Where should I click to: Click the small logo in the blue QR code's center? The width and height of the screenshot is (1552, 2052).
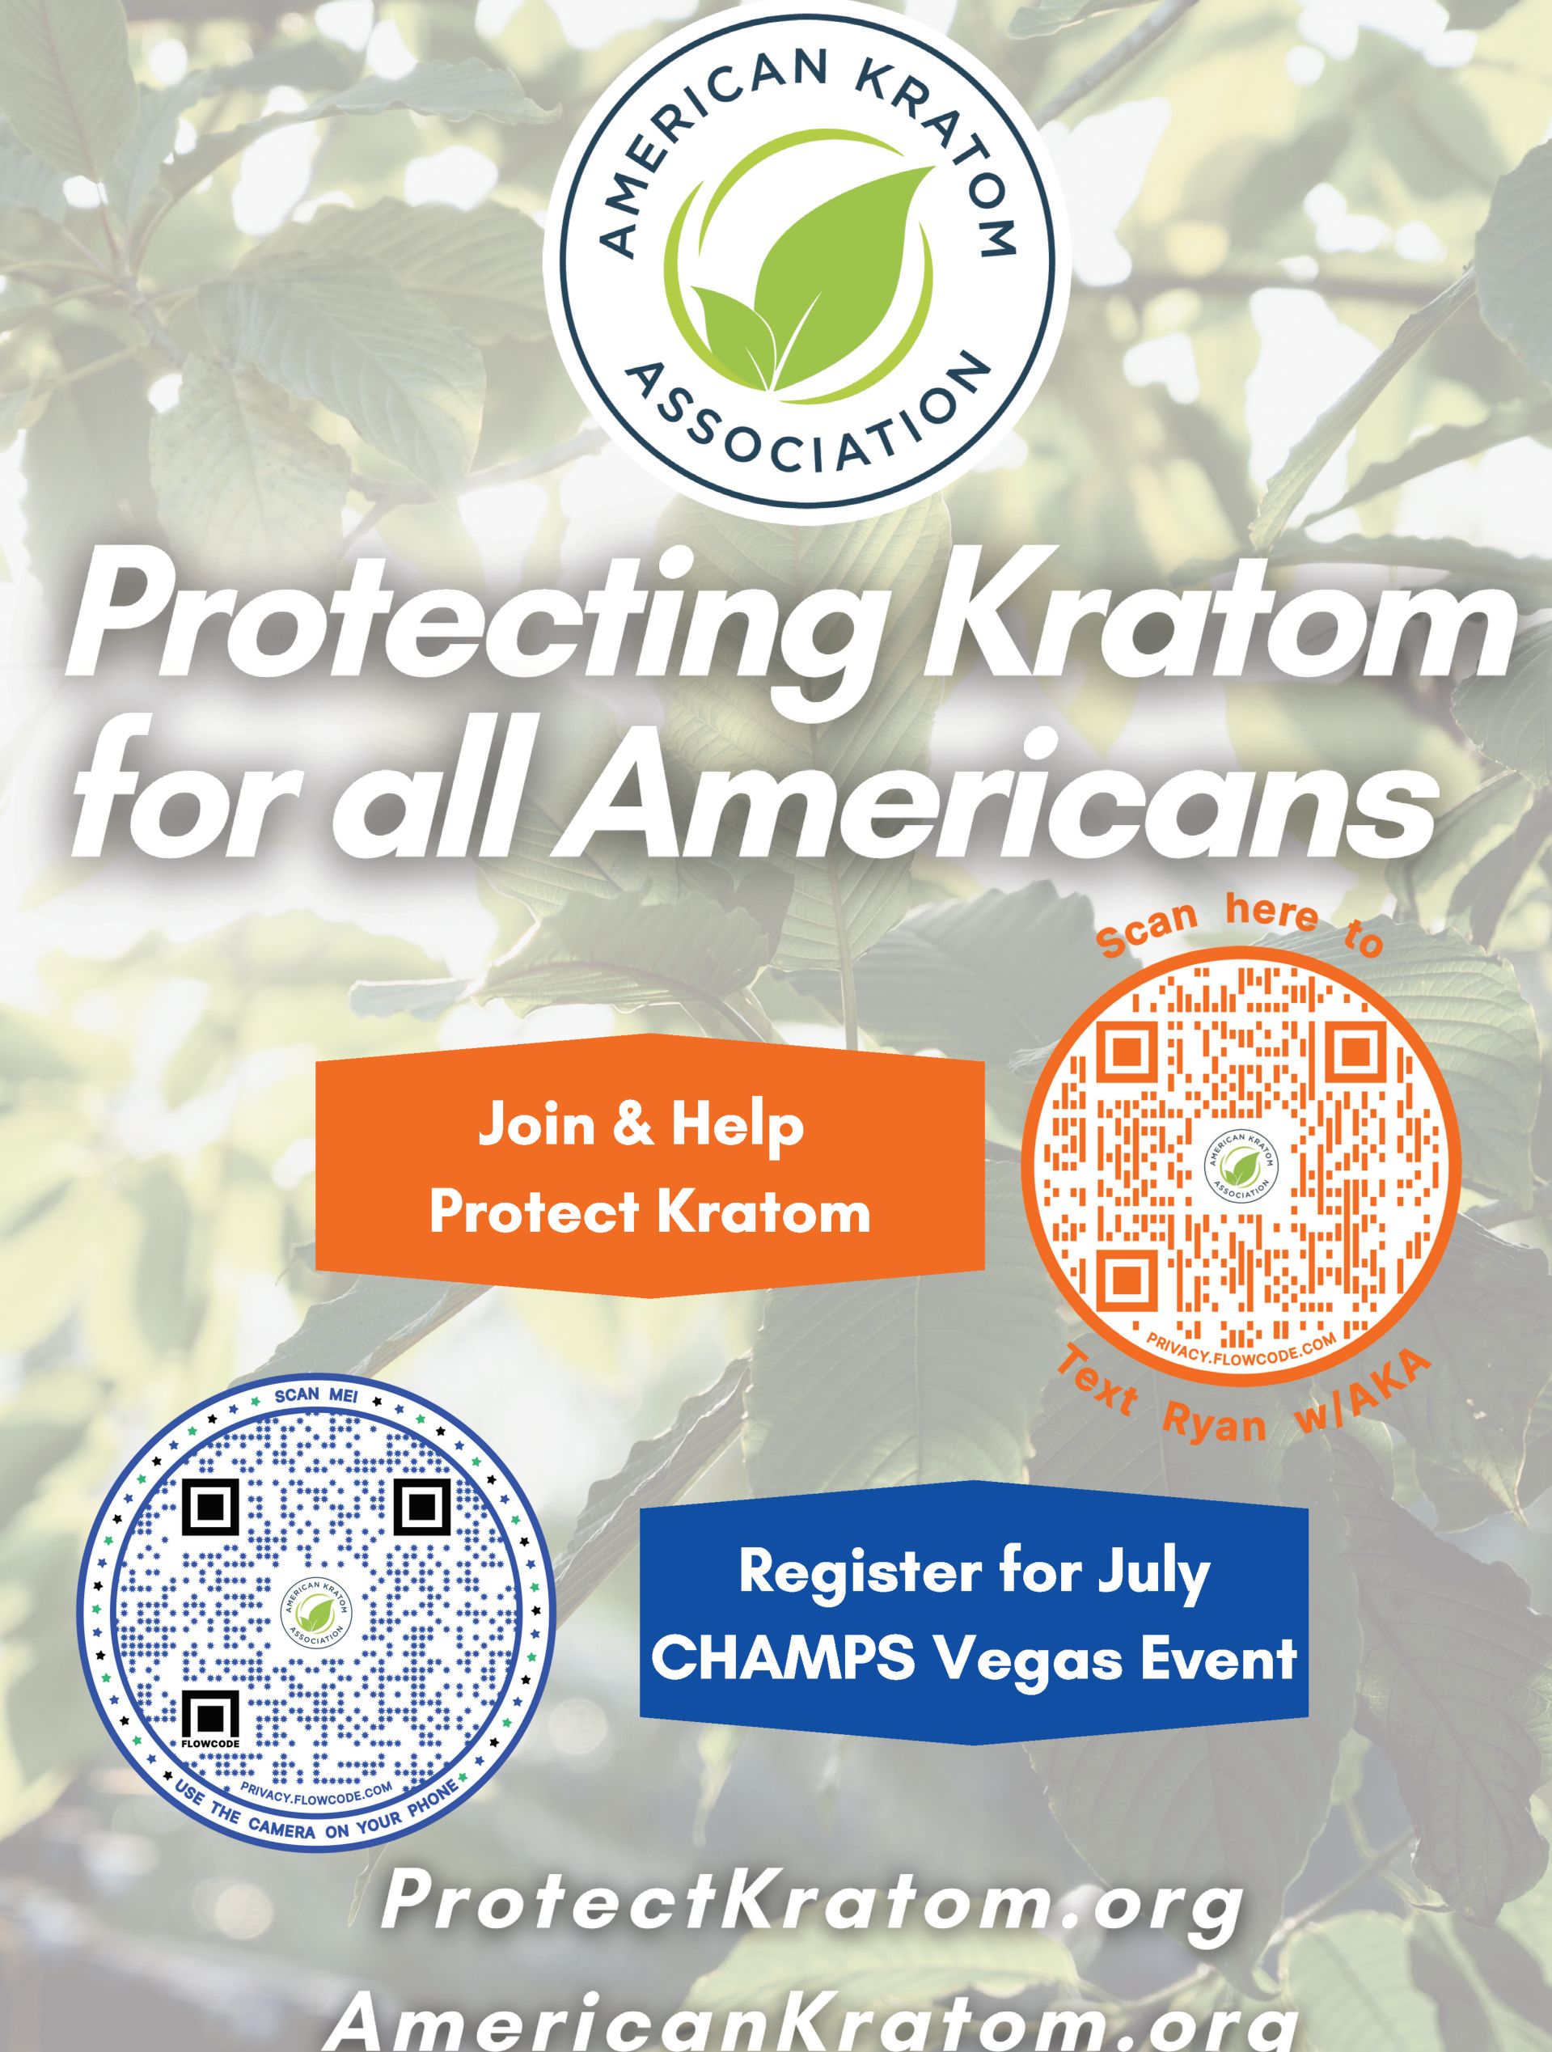tap(315, 1615)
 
